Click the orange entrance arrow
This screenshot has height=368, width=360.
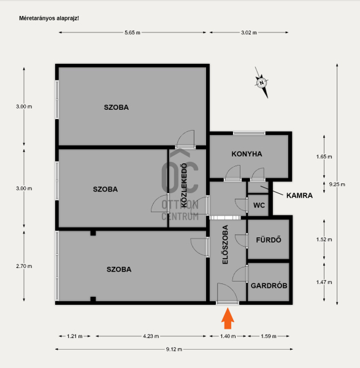pos(228,318)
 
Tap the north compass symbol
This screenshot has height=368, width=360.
pos(261,83)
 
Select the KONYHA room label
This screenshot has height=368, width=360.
pos(247,154)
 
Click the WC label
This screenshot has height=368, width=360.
pos(259,205)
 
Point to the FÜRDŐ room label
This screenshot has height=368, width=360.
pos(269,240)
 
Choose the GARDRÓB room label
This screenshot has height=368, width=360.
pos(269,286)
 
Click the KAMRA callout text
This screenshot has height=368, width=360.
pos(299,196)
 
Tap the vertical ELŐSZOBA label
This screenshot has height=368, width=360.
pos(225,245)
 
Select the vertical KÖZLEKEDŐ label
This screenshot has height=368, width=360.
pos(185,185)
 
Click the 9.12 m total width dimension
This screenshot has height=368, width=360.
pos(174,349)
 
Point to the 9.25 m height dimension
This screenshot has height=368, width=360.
pos(337,185)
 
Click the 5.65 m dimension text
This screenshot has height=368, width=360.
pos(132,33)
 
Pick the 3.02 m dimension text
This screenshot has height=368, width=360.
pos(249,33)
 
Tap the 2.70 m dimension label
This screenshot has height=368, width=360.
pos(24,266)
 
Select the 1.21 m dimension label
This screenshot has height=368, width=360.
pos(75,336)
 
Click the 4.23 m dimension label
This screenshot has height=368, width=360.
pos(151,336)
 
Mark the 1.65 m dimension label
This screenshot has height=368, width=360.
pos(324,156)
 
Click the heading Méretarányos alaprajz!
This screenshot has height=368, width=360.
pos(49,18)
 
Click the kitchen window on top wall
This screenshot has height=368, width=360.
pos(249,133)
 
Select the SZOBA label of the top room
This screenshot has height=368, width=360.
pos(116,107)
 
